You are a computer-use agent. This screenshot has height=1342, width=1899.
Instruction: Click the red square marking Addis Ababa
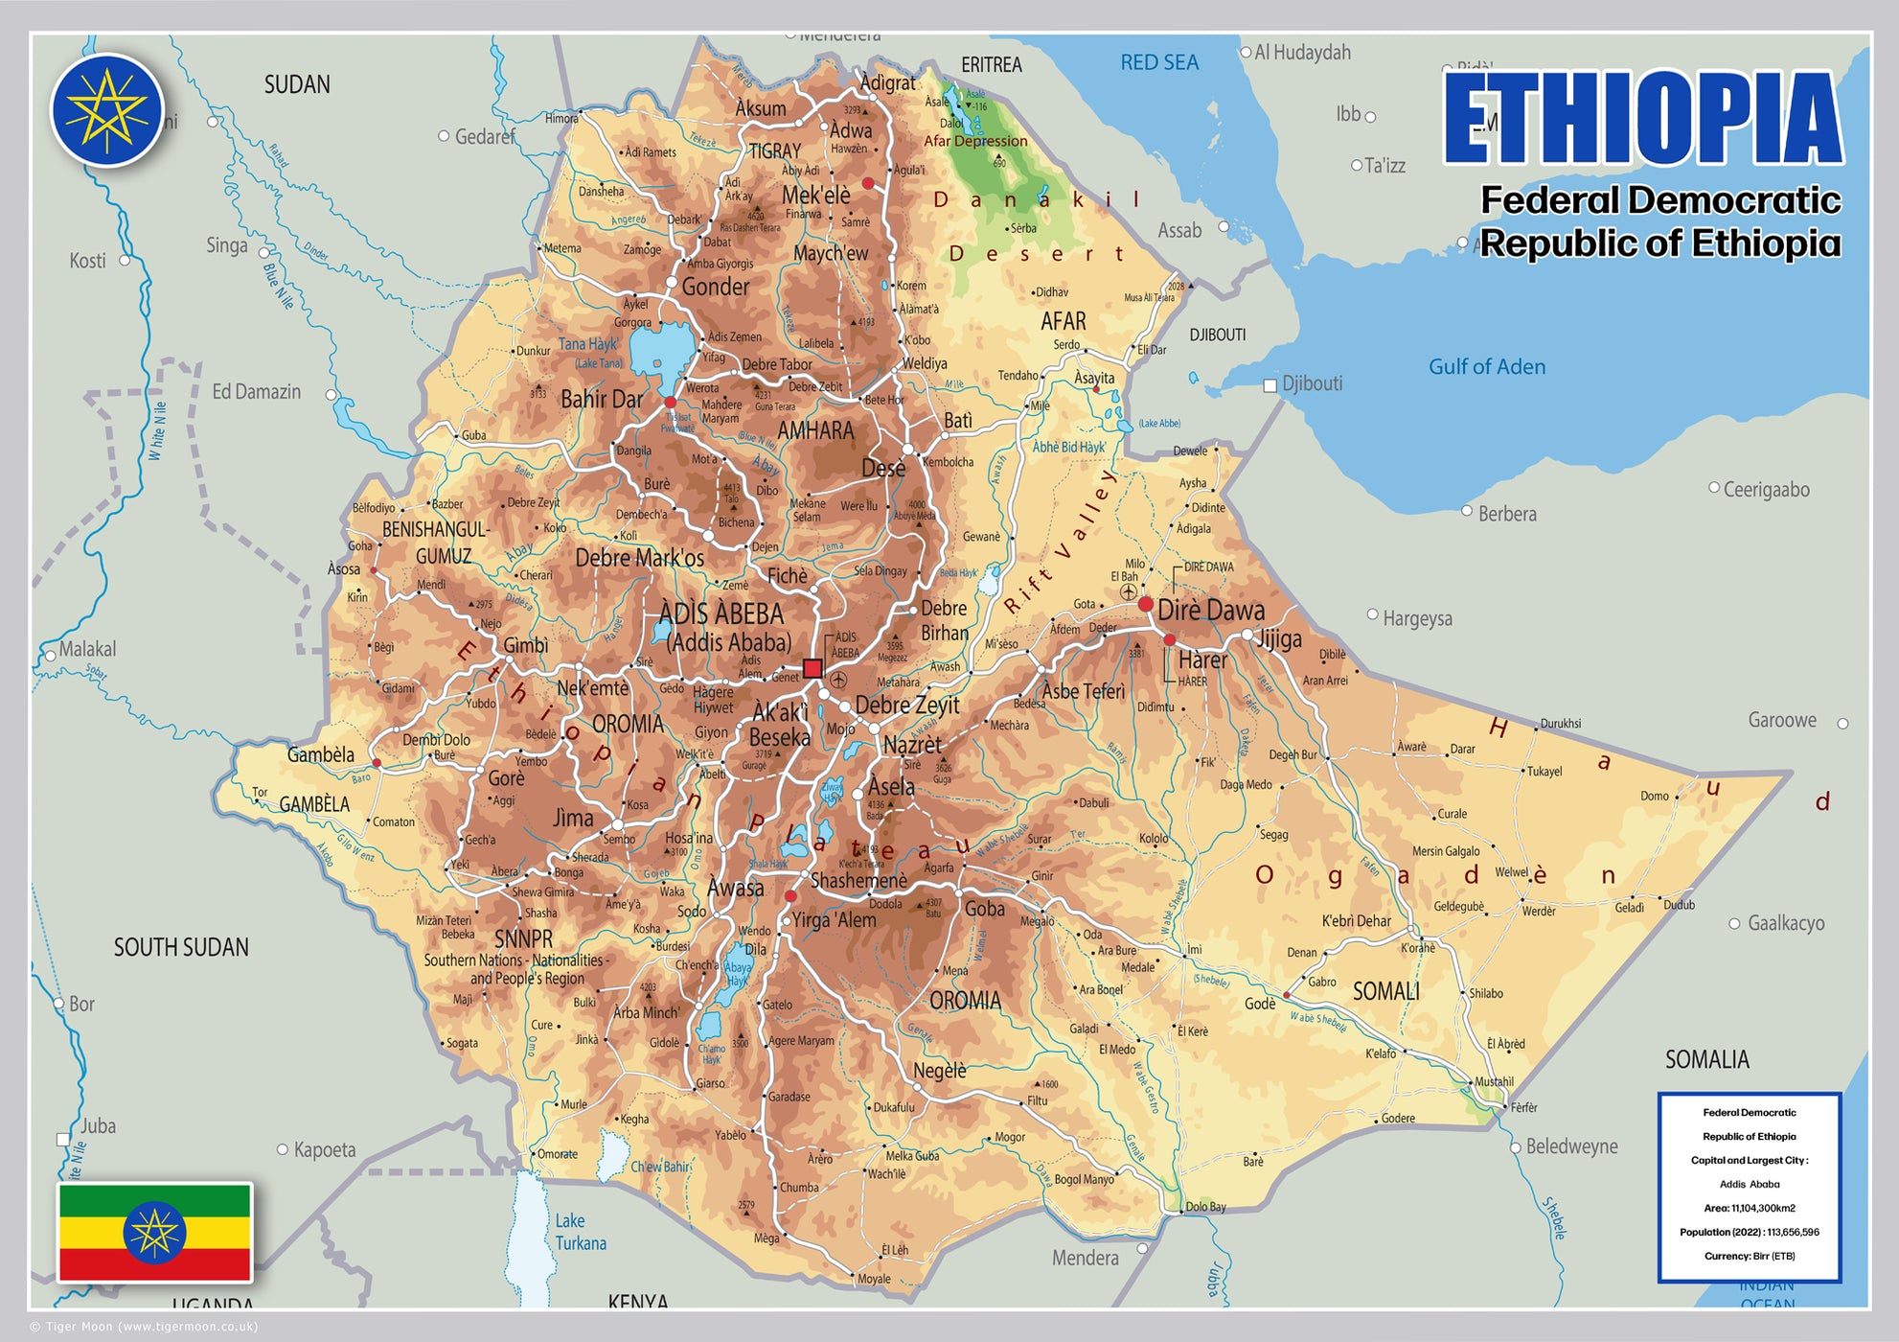pyautogui.click(x=812, y=668)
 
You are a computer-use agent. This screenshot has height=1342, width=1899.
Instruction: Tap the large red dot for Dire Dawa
pyautogui.click(x=1145, y=604)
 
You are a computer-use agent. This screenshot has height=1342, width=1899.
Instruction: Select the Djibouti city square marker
pyautogui.click(x=1270, y=385)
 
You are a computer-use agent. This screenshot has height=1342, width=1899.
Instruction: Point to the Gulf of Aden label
pyautogui.click(x=1486, y=366)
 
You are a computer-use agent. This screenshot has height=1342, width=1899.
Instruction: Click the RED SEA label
pyautogui.click(x=1159, y=62)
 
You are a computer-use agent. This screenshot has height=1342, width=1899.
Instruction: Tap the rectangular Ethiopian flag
pyautogui.click(x=155, y=1232)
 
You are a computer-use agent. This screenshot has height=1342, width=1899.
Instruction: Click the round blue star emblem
pyautogui.click(x=107, y=110)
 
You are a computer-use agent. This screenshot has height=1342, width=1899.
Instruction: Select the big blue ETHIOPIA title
pyautogui.click(x=1642, y=119)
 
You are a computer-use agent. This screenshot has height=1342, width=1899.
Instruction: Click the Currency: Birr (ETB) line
pyautogui.click(x=1749, y=1256)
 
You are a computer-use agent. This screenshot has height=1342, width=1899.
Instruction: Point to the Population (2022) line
pyautogui.click(x=1749, y=1232)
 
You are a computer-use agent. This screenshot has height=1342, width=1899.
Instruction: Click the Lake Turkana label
pyautogui.click(x=580, y=1232)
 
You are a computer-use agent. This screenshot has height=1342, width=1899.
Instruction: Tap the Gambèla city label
pyautogui.click(x=321, y=754)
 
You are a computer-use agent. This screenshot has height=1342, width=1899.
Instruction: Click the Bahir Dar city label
pyautogui.click(x=602, y=399)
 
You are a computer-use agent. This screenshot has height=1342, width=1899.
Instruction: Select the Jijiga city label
pyautogui.click(x=1280, y=638)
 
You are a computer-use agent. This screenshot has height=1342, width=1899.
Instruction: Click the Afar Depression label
pyautogui.click(x=975, y=141)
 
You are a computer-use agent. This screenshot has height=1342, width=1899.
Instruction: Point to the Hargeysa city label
pyautogui.click(x=1417, y=618)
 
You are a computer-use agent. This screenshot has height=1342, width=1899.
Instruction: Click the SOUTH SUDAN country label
pyautogui.click(x=181, y=947)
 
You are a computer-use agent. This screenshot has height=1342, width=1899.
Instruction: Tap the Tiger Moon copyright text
pyautogui.click(x=144, y=1327)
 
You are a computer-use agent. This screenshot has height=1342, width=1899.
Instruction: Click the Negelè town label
pyautogui.click(x=939, y=1070)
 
